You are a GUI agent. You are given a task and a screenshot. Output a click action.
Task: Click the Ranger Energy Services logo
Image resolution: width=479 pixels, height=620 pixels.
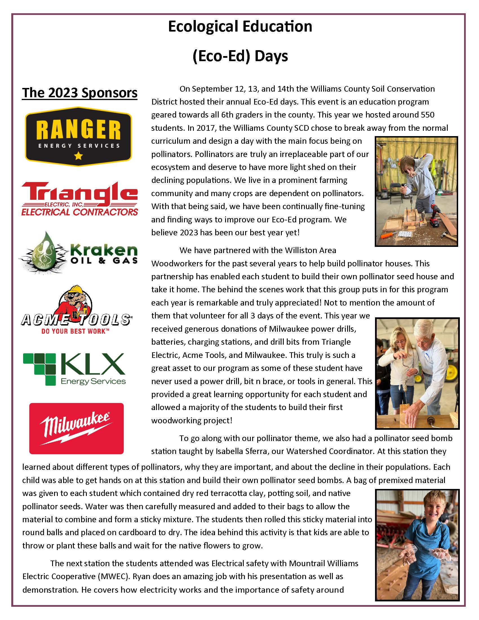coord(78,136)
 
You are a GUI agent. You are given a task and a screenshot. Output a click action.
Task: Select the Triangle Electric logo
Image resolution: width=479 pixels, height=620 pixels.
coord(79,198)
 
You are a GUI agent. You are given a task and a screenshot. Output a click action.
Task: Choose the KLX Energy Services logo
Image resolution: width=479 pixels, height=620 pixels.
coord(74,369)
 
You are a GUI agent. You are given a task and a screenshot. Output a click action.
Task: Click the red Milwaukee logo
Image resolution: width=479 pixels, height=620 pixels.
coord(76,428)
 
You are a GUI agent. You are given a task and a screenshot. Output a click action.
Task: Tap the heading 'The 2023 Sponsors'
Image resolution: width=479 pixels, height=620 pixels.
coord(80,93)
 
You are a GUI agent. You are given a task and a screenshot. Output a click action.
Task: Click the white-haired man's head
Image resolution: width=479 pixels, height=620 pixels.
coord(424,336)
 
